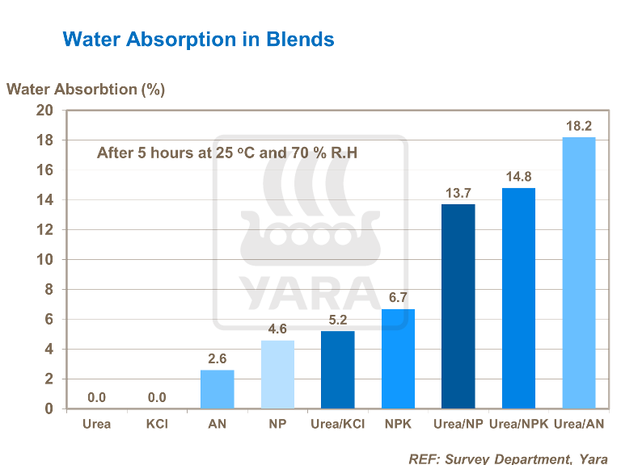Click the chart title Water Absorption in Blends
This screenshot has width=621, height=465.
198,39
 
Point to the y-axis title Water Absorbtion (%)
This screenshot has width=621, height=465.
86,89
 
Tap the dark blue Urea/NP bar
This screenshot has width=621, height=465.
458,306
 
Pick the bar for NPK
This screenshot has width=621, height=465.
398,358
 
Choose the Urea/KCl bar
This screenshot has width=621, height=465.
337,370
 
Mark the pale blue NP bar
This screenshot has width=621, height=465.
277,374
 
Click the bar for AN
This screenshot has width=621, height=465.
217,389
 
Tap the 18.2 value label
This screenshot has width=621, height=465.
578,126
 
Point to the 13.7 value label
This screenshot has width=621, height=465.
458,193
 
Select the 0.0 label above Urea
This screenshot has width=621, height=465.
97,397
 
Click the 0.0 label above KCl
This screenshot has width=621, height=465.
157,397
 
